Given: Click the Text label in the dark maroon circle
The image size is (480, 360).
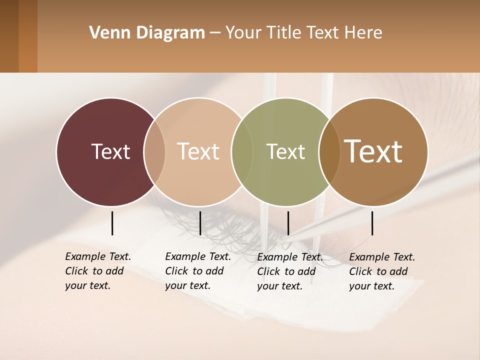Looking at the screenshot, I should click(x=110, y=151).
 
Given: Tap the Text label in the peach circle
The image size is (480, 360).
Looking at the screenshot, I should click(x=198, y=151).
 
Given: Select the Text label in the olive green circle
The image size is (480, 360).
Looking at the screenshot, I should click(x=285, y=151).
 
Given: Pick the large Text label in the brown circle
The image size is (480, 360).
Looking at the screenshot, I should click(x=373, y=151).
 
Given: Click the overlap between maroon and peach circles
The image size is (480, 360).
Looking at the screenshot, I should click(x=154, y=152).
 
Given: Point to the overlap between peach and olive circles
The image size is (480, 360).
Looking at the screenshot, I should click(x=242, y=152).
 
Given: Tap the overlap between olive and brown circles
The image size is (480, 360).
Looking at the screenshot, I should click(x=329, y=152).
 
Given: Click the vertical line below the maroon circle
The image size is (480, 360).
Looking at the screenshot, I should click(x=112, y=223).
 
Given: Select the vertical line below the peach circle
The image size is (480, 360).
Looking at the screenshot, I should click(x=200, y=223).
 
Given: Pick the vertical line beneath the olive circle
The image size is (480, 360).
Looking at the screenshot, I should click(x=288, y=223).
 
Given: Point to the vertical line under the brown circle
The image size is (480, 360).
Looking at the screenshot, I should click(x=372, y=223).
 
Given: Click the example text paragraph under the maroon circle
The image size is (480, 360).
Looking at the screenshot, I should click(x=98, y=271).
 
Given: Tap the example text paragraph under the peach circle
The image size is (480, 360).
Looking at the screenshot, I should click(x=198, y=271).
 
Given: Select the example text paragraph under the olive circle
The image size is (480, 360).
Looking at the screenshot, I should click(x=290, y=271).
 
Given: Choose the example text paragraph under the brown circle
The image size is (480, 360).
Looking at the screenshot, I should click(x=382, y=271).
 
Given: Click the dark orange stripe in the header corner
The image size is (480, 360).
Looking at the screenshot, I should click(x=28, y=36).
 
